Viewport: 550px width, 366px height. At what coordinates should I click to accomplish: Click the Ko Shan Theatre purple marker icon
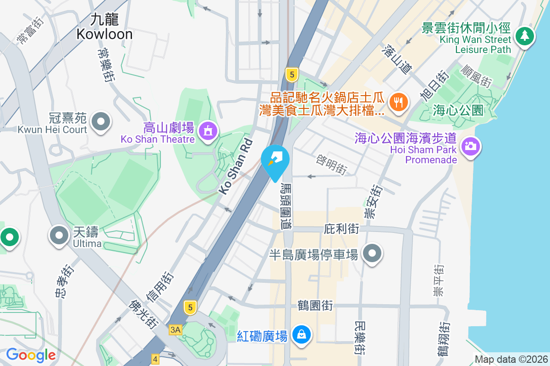pyautogui.click(x=208, y=131)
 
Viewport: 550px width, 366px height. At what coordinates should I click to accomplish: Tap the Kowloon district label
pyautogui.click(x=104, y=27)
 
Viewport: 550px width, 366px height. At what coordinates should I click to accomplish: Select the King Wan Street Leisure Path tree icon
pyautogui.click(x=524, y=36)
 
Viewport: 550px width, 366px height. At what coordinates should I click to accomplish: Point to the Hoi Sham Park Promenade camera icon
pyautogui.click(x=470, y=146)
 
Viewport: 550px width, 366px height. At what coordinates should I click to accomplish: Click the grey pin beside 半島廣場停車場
pyautogui.click(x=372, y=253)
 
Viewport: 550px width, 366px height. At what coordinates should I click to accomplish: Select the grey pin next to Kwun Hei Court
pyautogui.click(x=100, y=122)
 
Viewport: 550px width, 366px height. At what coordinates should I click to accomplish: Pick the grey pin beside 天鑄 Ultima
pyautogui.click(x=59, y=235)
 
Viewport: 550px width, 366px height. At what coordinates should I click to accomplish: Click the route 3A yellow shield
pyautogui.click(x=175, y=329)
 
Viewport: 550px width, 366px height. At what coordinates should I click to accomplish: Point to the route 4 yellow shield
pyautogui.click(x=155, y=359)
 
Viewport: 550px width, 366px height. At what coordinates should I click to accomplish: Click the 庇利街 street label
pyautogui.click(x=341, y=228)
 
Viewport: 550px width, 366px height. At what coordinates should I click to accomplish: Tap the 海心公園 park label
pyautogui.click(x=458, y=110)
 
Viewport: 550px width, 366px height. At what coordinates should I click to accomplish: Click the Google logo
pyautogui.click(x=31, y=355)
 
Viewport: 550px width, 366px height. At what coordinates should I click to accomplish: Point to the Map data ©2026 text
pyautogui.click(x=511, y=360)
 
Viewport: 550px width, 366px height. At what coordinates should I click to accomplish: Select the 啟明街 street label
pyautogui.click(x=331, y=164)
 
